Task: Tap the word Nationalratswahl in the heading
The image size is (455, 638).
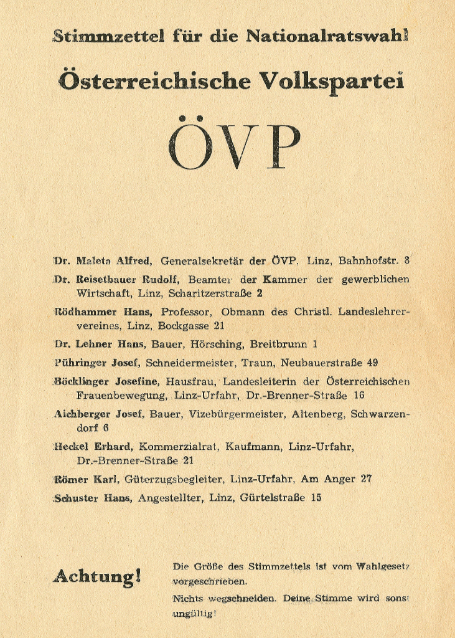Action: [x=327, y=36]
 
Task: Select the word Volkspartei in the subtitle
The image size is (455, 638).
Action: [x=331, y=82]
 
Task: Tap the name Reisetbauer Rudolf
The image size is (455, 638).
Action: [x=129, y=280]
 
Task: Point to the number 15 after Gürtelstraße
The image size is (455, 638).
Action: [x=316, y=498]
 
